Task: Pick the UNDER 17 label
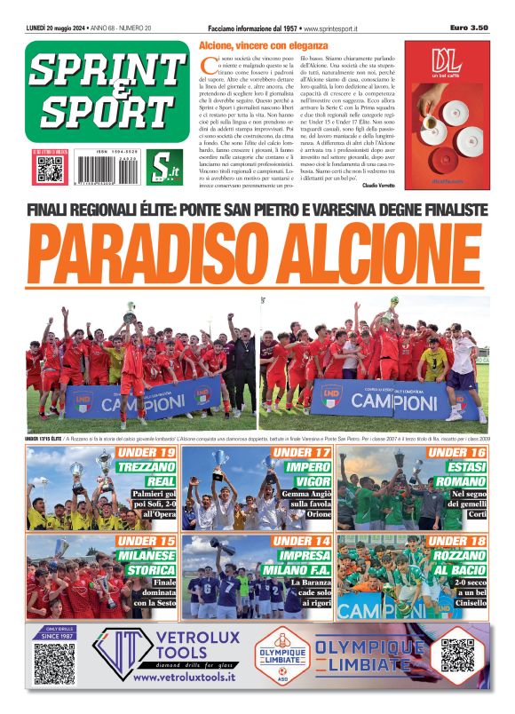click(x=301, y=453)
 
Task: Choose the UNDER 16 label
click(x=456, y=453)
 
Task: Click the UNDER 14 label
click(x=301, y=540)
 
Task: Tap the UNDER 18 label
click(x=456, y=540)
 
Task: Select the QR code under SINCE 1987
click(x=54, y=663)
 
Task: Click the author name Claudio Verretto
click(x=376, y=185)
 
